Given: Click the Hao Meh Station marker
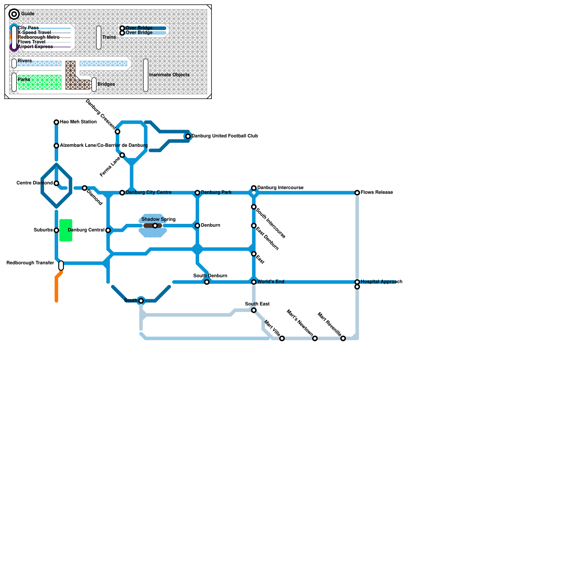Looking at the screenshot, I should point(56,122).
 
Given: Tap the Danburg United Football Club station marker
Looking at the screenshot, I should point(188,136).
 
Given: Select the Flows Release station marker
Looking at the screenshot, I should point(357,193).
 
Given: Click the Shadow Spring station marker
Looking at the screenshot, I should point(155,226).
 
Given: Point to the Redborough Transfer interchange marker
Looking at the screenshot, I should point(61,265).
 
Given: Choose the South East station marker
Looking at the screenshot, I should point(254,310).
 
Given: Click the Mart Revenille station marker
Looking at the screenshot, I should point(343,338).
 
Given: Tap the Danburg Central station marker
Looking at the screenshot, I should point(108,231).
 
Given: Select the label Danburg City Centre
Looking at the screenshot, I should point(148,192).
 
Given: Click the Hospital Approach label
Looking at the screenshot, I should point(381,282).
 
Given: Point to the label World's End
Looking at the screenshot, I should point(271,282).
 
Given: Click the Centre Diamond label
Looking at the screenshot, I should point(35,183).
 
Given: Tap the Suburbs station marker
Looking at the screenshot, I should point(56,231).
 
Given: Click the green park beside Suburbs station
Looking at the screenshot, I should point(66,231).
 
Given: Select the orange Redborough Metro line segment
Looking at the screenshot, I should point(56,289).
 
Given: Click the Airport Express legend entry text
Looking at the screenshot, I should point(35,47).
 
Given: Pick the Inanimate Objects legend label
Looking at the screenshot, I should point(169,75).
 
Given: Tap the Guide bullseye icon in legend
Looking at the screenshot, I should point(14,14).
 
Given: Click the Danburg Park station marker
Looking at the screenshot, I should point(197,193).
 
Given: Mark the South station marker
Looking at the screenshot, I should point(141,301).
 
